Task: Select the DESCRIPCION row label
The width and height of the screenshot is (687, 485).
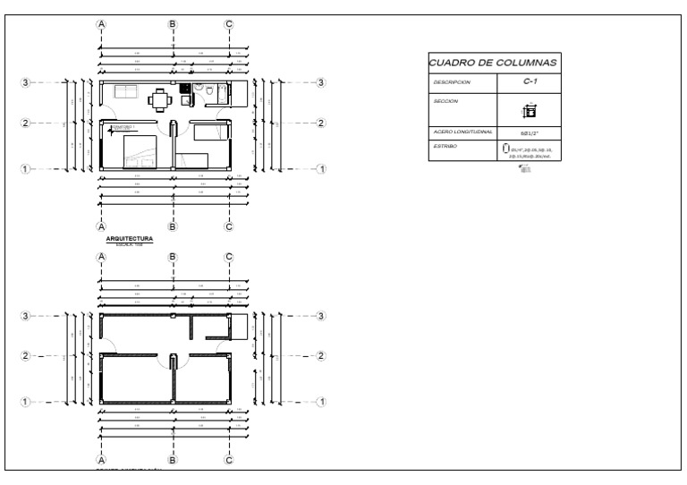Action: [x=451, y=82]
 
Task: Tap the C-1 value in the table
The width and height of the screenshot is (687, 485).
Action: [x=529, y=81]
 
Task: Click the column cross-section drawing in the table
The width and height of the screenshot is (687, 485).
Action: [x=529, y=111]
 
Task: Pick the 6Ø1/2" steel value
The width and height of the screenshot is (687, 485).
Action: [x=529, y=132]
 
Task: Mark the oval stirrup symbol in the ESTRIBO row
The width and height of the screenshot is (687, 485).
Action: [x=506, y=147]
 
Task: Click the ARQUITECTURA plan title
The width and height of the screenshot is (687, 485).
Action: [x=130, y=239]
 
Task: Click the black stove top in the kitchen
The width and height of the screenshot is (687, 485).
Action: [x=184, y=88]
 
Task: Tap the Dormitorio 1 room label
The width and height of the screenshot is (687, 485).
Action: [x=123, y=128]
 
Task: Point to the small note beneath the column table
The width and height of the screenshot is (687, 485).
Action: [x=525, y=168]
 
